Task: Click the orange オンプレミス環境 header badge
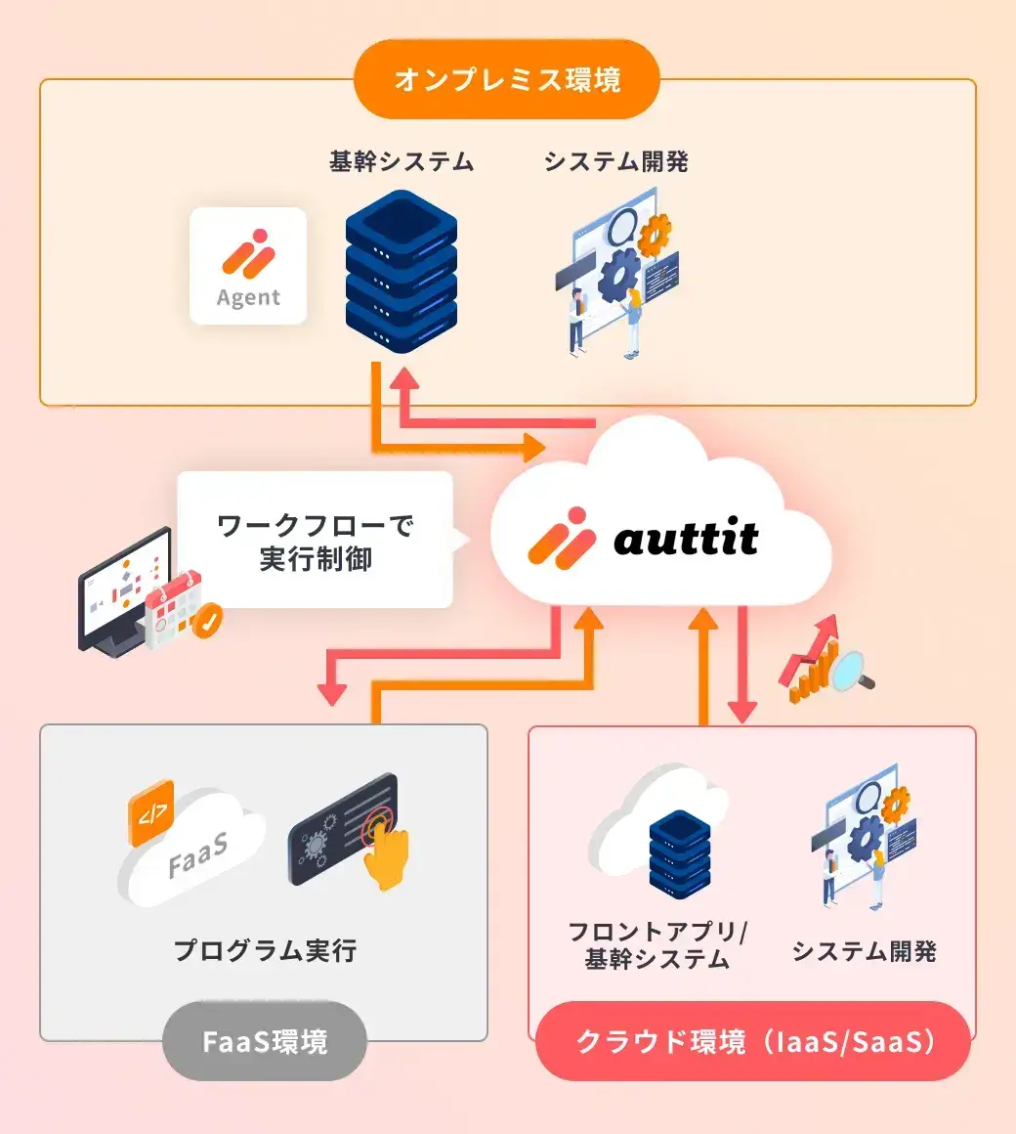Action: (507, 79)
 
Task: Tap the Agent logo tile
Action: (248, 266)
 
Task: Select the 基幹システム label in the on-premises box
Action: (402, 161)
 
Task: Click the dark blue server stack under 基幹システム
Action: (402, 273)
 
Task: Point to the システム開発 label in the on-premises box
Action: (616, 161)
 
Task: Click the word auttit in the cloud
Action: (686, 539)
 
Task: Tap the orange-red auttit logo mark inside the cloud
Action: (561, 537)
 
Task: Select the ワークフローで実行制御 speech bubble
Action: (316, 541)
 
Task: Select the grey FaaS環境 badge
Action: (265, 1041)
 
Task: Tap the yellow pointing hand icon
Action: (387, 853)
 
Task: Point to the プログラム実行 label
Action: (265, 950)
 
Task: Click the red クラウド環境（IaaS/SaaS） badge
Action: (753, 1041)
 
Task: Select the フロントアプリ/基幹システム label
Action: (657, 945)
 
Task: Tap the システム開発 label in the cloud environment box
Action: (865, 951)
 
